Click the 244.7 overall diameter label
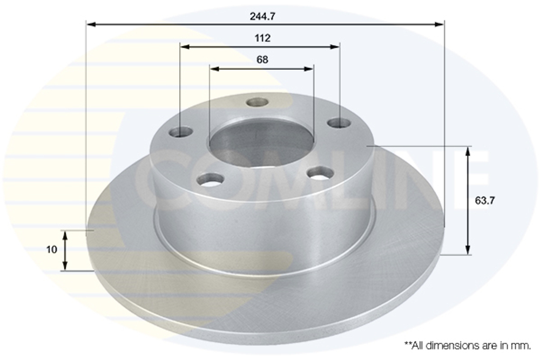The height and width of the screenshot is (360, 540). [x=263, y=16]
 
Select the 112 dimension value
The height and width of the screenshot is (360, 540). [x=262, y=38]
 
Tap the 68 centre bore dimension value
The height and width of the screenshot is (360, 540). [x=262, y=60]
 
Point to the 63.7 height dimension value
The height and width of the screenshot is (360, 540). [x=485, y=200]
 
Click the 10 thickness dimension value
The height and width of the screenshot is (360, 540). [x=52, y=249]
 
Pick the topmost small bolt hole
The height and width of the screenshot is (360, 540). [x=258, y=102]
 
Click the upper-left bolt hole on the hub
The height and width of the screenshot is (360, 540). [x=181, y=132]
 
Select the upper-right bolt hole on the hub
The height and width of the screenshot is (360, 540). [x=339, y=123]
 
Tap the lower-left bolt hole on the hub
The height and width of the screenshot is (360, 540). [x=211, y=179]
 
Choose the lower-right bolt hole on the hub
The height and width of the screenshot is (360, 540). [x=321, y=173]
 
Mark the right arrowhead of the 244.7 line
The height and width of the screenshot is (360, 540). [x=440, y=24]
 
